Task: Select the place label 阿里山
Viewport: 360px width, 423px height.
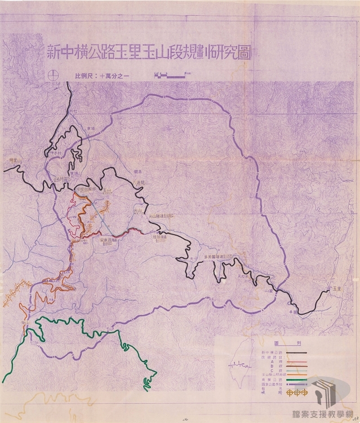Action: [x=8, y=160]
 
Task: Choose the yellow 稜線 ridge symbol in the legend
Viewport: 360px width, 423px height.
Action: [x=296, y=391]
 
